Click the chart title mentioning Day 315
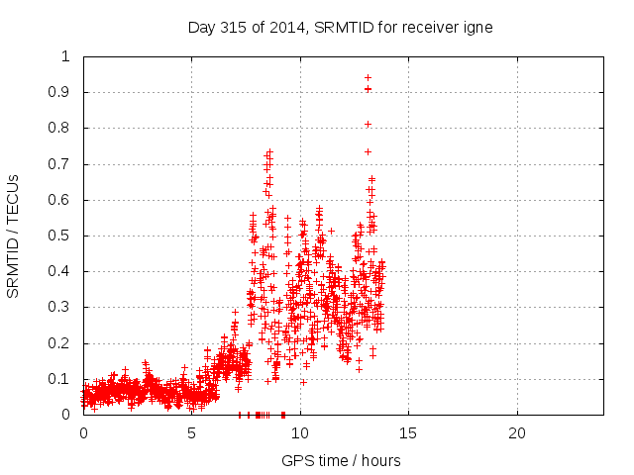[340, 27]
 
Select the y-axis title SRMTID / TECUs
[13, 236]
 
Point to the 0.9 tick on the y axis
[65, 92]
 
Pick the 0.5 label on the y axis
[65, 236]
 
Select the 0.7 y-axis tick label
[65, 164]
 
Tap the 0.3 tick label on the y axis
[65, 308]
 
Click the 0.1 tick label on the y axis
[65, 379]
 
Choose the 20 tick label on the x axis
[516, 433]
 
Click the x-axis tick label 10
[299, 433]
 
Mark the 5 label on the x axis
[191, 433]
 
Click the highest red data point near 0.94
[368, 77]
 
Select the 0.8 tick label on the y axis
[65, 128]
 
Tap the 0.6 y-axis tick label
[65, 200]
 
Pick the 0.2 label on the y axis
[65, 343]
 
